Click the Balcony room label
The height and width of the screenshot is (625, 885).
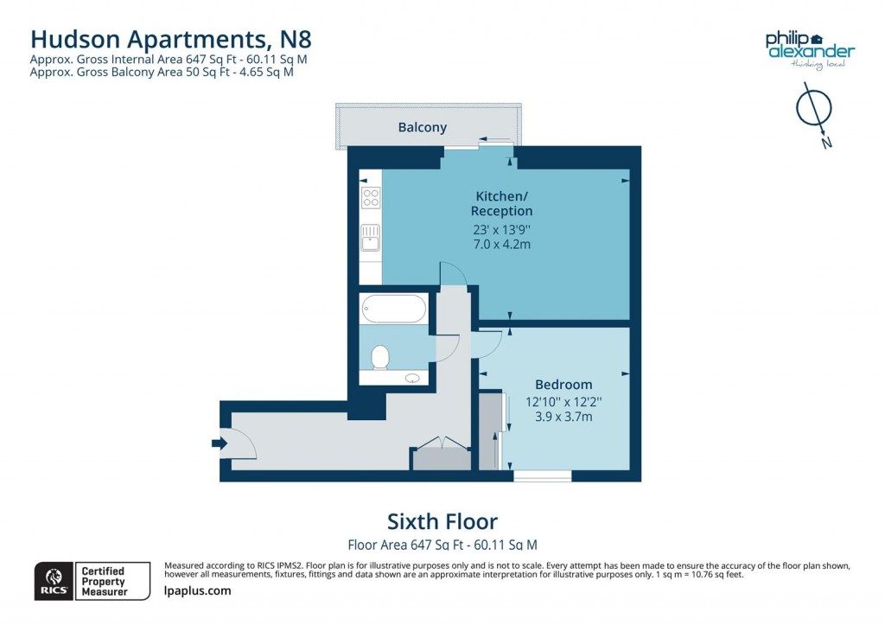[423, 127]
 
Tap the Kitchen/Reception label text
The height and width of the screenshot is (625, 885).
[501, 203]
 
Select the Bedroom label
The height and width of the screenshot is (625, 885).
[563, 385]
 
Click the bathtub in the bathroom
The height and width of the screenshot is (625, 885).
[393, 308]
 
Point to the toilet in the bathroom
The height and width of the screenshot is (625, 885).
[379, 356]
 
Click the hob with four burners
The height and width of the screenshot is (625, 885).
[371, 197]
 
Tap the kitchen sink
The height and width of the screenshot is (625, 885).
[371, 236]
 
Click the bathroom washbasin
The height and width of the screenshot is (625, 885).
[412, 378]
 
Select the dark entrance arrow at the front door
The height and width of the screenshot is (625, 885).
[219, 443]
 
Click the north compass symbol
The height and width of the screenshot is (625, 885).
[813, 111]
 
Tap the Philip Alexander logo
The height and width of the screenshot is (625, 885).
[809, 48]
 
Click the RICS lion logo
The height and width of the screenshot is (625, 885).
[53, 579]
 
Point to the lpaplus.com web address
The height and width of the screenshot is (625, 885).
[197, 590]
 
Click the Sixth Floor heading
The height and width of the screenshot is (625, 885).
[442, 521]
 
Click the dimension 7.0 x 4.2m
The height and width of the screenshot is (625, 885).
[501, 245]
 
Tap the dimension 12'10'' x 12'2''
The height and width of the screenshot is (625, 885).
[563, 402]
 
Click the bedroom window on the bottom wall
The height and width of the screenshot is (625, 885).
[542, 475]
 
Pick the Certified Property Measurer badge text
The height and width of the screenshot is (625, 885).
[103, 581]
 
